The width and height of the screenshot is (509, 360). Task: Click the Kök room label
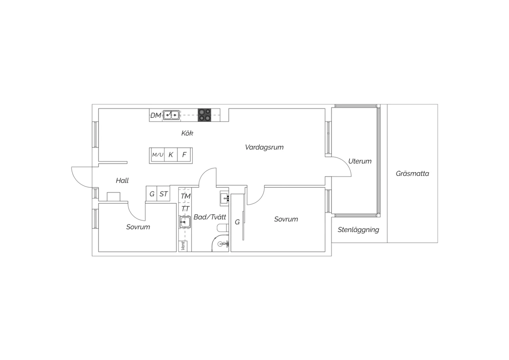pyautogui.click(x=187, y=133)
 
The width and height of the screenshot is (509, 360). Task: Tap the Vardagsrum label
pyautogui.click(x=264, y=147)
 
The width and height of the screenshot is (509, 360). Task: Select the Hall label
pyautogui.click(x=122, y=181)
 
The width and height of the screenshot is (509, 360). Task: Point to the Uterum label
pyautogui.click(x=360, y=161)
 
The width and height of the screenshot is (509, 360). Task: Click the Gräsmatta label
pyautogui.click(x=412, y=174)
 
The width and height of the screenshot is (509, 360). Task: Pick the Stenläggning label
pyautogui.click(x=358, y=230)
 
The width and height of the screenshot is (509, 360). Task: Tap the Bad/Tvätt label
pyautogui.click(x=210, y=217)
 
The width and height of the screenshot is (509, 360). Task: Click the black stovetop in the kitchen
pyautogui.click(x=204, y=115)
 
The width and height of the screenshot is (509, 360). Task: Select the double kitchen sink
pyautogui.click(x=171, y=115)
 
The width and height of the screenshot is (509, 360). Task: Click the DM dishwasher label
pyautogui.click(x=156, y=115)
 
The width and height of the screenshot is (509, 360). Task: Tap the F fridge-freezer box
pyautogui.click(x=184, y=155)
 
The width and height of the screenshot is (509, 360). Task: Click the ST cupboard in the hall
pyautogui.click(x=163, y=194)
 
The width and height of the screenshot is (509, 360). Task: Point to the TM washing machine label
pyautogui.click(x=186, y=196)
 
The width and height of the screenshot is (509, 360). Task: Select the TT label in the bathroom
pyautogui.click(x=185, y=209)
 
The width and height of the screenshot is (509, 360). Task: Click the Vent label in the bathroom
pyautogui.click(x=183, y=246)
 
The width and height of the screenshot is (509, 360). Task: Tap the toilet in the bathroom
pyautogui.click(x=223, y=228)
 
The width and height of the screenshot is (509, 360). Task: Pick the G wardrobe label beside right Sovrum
pyautogui.click(x=237, y=222)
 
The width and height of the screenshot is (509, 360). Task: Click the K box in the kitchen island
pyautogui.click(x=171, y=155)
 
